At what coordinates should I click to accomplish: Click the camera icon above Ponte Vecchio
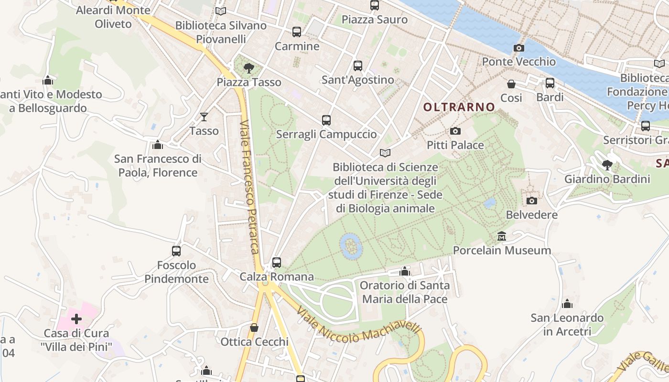[x=518, y=48]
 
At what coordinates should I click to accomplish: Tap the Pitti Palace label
[x=455, y=145]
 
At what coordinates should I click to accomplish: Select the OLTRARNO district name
[x=459, y=107]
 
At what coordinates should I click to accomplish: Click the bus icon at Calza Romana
[x=277, y=263]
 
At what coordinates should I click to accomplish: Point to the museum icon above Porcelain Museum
[x=502, y=236]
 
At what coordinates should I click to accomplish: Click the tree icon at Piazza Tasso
[x=248, y=68]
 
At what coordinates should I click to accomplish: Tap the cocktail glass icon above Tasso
[x=204, y=117]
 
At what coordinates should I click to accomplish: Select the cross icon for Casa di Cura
[x=76, y=319]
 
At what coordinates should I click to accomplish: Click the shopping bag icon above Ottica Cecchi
[x=254, y=328]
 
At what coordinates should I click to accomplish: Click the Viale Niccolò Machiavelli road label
[x=358, y=326]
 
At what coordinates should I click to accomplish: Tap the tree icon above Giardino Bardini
[x=607, y=165]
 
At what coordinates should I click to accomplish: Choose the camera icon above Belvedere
[x=531, y=201]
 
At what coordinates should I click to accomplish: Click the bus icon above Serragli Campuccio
[x=326, y=120]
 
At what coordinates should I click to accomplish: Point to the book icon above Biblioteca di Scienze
[x=385, y=153]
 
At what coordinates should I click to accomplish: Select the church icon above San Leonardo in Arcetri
[x=567, y=304]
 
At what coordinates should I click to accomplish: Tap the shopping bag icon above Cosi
[x=511, y=84]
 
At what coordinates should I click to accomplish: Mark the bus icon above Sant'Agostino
[x=358, y=66]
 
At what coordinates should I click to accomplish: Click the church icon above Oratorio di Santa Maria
[x=405, y=272]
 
